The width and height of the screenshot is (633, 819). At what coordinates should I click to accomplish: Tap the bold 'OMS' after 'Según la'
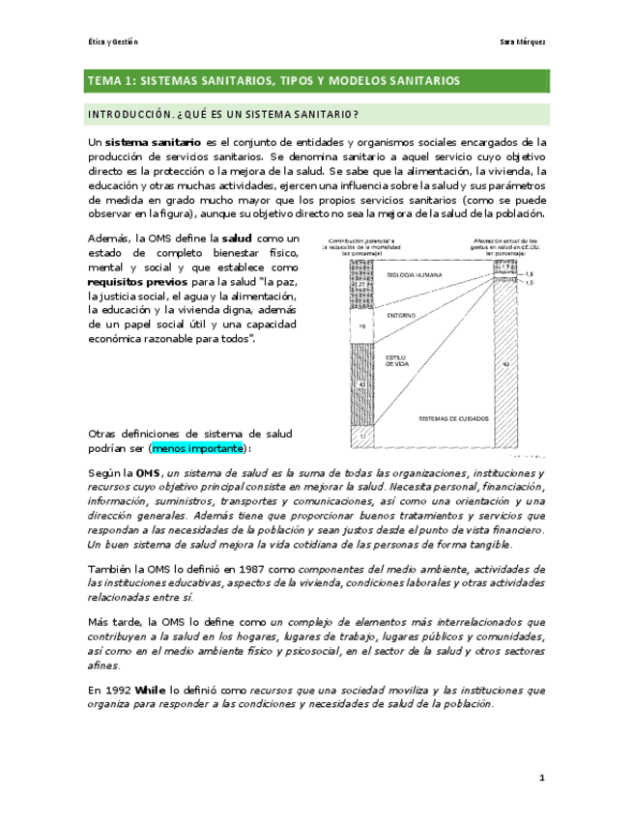[147, 472]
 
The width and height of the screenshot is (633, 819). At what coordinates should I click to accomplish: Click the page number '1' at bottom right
[542, 777]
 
